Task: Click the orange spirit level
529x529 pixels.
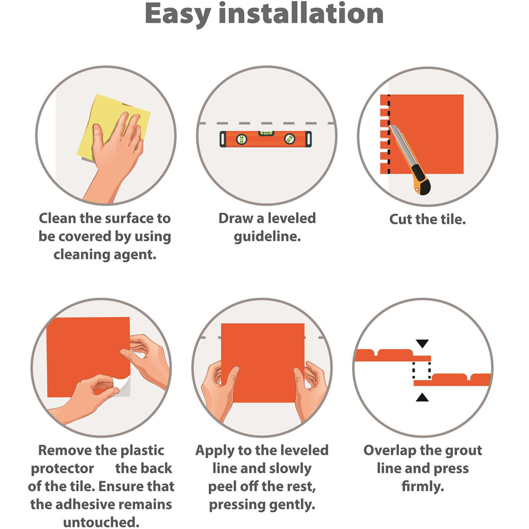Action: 266,139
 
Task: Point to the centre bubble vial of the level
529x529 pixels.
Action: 266,133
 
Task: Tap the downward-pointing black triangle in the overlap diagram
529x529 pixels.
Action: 422,344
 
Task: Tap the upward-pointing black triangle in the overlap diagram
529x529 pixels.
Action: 422,397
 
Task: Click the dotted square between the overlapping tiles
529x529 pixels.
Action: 422,370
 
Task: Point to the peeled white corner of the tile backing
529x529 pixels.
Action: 122,387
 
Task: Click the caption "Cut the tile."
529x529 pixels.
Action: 427,220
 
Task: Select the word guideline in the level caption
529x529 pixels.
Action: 267,236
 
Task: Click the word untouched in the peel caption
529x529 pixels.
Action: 101,522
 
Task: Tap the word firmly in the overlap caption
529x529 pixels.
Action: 423,487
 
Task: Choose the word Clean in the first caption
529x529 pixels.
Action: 57,218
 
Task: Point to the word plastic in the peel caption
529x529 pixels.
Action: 142,450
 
